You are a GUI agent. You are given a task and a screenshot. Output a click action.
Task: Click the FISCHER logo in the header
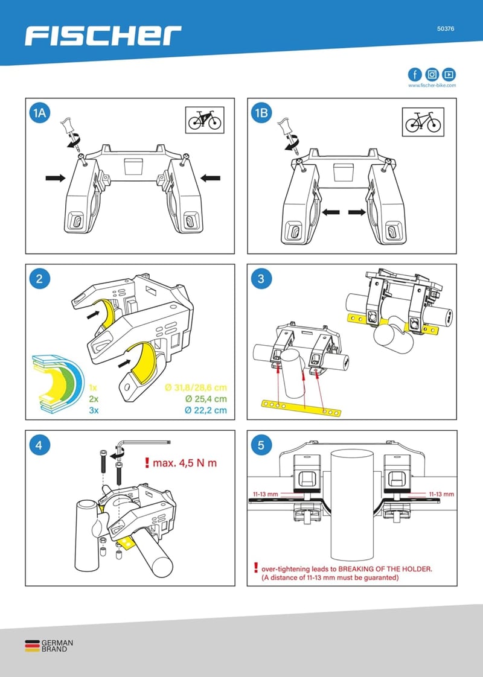pos(103,36)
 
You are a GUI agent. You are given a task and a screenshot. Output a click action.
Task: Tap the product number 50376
pos(446,28)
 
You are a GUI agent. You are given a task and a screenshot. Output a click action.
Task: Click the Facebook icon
pos(415,74)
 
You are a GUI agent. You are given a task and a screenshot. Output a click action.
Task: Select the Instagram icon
pos(432,74)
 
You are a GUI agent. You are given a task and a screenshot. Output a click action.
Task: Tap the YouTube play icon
pos(449,74)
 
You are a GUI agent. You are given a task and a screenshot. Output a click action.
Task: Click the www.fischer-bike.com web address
pos(432,86)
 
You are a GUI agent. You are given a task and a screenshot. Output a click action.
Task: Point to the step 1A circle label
pos(39,113)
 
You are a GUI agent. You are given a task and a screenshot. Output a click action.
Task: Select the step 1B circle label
pos(261,113)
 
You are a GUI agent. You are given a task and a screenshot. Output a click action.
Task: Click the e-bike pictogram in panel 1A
pos(205,119)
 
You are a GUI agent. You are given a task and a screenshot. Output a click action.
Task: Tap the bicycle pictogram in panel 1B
pos(423,122)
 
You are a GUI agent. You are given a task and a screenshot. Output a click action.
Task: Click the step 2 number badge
pos(39,279)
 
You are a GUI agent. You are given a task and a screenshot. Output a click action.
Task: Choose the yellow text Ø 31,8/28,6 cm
pos(196,387)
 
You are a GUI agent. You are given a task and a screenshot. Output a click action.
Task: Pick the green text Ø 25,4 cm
pos(206,398)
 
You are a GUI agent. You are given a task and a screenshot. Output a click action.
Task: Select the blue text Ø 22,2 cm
pos(206,410)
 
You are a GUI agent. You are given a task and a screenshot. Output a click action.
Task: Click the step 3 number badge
pos(261,279)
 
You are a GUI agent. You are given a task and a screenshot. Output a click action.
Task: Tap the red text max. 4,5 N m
pos(182,463)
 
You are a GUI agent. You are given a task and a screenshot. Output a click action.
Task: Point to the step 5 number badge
pos(261,445)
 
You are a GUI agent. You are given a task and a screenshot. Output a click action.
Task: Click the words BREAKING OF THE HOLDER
pos(385,569)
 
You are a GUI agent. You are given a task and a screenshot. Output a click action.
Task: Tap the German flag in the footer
pos(32,646)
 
